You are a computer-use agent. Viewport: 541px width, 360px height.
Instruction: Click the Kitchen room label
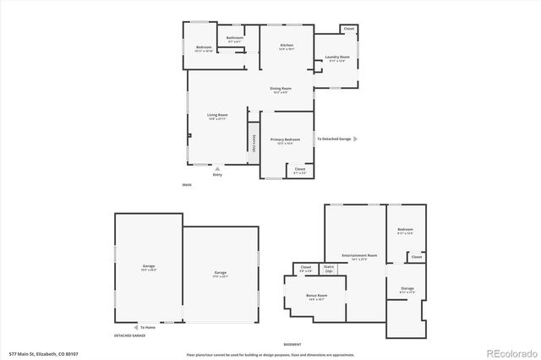point(287,45)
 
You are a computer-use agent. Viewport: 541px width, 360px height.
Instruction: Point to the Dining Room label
point(281,89)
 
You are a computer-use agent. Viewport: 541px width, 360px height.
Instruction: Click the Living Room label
point(218,115)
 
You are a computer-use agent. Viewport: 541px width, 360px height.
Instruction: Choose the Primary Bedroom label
point(286,139)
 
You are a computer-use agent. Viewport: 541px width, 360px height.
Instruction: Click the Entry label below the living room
point(217,175)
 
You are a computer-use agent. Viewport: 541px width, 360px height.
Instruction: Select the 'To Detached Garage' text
point(334,139)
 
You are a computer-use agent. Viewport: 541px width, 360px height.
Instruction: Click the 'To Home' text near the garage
point(148,327)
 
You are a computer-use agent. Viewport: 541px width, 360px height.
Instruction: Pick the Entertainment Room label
point(354,256)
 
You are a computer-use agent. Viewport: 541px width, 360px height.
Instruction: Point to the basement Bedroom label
point(406,231)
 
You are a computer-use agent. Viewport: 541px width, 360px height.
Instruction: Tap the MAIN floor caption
point(187,184)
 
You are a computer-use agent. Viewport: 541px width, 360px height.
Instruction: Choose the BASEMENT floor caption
point(292,343)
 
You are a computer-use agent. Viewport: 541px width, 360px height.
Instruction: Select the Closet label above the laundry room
point(349,30)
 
